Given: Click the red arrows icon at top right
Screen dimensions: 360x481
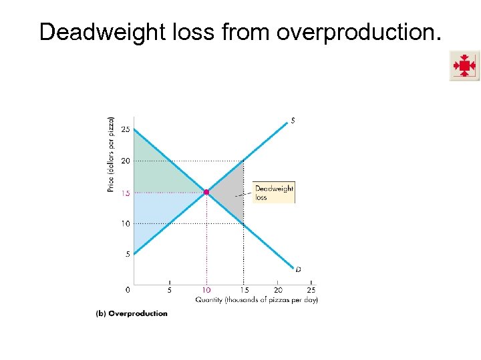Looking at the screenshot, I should click(x=464, y=66).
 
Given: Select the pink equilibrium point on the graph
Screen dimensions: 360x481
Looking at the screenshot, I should click(x=206, y=192).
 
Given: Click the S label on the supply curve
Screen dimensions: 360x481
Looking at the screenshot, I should click(x=292, y=121).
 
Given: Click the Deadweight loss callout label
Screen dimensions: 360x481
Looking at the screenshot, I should click(x=274, y=192).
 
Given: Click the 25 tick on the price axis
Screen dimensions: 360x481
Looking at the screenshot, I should click(x=126, y=129).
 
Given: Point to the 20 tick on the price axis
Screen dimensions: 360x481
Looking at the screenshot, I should click(x=126, y=161).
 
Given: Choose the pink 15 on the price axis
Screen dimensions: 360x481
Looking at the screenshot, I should click(x=126, y=193).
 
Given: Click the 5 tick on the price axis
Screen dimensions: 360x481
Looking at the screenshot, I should click(x=128, y=253).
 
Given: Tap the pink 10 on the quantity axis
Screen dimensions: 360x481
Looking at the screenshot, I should click(x=206, y=290).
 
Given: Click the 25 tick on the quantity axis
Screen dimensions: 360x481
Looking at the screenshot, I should click(x=311, y=290).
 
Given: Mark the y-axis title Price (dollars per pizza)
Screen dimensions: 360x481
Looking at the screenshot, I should click(x=110, y=155).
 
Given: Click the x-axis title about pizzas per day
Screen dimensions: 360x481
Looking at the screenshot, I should click(x=257, y=299).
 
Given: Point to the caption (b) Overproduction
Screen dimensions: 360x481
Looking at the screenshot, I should click(x=132, y=313).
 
